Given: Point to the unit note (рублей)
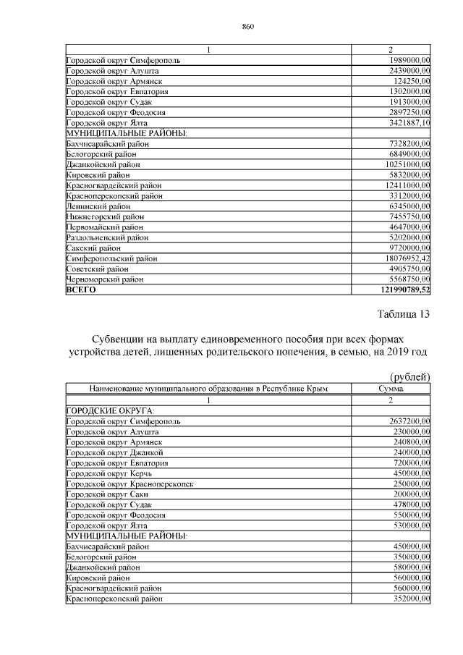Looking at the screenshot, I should (x=410, y=376).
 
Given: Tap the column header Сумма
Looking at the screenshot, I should (x=390, y=389).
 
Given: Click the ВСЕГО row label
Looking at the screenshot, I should (x=81, y=290).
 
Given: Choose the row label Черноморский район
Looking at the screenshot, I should (x=104, y=279).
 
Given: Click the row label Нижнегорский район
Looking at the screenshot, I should (x=104, y=217).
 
